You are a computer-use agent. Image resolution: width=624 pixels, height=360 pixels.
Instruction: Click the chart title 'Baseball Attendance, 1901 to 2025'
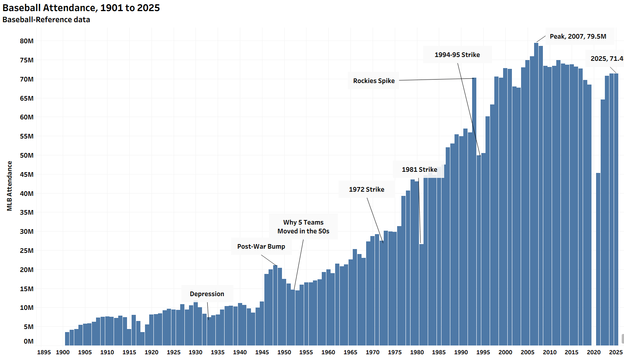[81, 8]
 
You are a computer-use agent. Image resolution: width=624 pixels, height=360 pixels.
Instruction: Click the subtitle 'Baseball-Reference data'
[46, 20]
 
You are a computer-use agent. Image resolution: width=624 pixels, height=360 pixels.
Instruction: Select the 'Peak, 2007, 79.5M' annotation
[578, 36]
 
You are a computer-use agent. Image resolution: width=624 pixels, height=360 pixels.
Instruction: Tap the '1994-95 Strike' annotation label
[457, 55]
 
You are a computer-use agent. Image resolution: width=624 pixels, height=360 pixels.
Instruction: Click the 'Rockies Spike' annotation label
[374, 81]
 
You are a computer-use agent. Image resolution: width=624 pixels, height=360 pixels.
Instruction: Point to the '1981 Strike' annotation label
[419, 169]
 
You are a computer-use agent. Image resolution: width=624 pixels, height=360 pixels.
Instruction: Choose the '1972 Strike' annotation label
[367, 189]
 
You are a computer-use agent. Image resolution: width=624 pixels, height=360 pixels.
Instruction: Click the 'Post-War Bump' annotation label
[261, 246]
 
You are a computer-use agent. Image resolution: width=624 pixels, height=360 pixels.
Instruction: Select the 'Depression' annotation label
[207, 294]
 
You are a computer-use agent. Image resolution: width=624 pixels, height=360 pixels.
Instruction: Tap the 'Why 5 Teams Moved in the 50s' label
[303, 226]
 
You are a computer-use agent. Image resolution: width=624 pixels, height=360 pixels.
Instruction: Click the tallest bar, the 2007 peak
[536, 191]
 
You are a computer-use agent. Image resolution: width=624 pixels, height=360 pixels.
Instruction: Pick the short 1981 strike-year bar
[421, 295]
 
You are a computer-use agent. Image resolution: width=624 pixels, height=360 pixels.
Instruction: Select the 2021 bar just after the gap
[598, 260]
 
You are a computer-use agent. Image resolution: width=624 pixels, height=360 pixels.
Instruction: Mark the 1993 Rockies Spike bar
[474, 210]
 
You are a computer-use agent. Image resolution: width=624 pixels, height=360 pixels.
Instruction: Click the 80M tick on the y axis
[27, 41]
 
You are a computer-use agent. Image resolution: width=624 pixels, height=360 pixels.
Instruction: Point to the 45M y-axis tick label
[27, 174]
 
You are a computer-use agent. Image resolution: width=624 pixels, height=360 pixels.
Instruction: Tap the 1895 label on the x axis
[44, 352]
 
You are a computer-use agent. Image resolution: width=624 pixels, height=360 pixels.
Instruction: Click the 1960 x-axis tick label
[328, 352]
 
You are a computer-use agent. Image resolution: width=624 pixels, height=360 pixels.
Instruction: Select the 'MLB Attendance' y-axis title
[10, 186]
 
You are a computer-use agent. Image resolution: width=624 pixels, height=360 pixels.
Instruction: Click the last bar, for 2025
[616, 210]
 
